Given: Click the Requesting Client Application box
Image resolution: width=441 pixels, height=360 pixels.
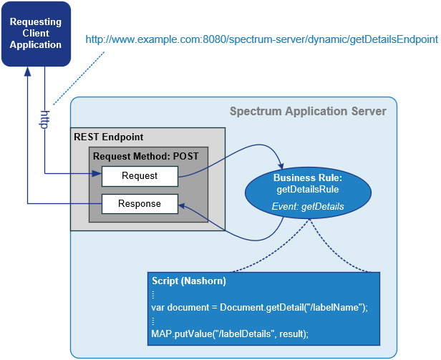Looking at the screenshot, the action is point(36,34).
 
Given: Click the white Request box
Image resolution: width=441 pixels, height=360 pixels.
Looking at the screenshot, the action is point(140,176).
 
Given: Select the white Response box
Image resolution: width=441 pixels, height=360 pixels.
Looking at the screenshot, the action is point(140,204).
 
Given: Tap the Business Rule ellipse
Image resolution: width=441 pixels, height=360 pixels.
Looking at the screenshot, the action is point(308,193).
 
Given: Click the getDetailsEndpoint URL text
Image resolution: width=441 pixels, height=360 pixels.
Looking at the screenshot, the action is point(261,39).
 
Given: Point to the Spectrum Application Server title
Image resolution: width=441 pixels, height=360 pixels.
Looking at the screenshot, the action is point(308,112).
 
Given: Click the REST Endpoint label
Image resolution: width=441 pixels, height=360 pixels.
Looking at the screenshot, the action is point(109,137).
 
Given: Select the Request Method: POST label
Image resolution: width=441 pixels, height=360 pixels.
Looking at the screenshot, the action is point(146,156).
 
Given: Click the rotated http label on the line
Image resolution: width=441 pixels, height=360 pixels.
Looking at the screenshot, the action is point(44,120).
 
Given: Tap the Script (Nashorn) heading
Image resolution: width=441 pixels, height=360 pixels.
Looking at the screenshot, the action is point(189,281).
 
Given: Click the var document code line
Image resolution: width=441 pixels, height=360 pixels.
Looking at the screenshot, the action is point(259,308).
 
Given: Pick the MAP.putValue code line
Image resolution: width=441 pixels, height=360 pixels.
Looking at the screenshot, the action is point(230,334).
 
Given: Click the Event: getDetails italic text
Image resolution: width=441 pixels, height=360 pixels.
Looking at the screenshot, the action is point(308,206).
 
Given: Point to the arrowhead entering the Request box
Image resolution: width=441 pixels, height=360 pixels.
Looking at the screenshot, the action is point(97,173).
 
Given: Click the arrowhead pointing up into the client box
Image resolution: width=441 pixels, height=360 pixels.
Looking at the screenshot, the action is point(27,72).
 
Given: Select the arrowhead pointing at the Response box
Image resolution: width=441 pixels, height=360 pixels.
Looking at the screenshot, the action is point(183,206).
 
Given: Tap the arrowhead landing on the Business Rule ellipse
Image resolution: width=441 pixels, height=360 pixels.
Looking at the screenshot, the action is point(281,165).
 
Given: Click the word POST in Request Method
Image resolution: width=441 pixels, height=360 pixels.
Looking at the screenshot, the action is point(185,156).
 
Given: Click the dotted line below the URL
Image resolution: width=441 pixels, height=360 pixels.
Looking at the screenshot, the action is point(79,78).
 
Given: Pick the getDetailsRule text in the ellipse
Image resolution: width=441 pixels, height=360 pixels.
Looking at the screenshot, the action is point(308,189).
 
